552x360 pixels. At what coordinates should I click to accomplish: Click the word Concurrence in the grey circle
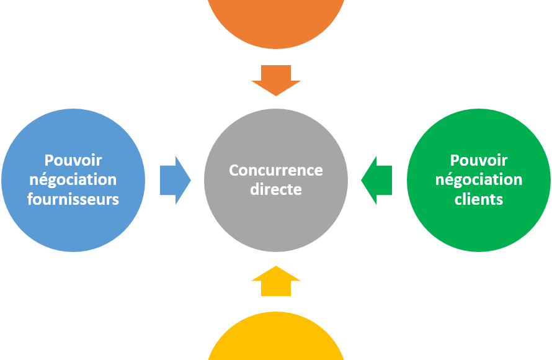pyautogui.click(x=276, y=170)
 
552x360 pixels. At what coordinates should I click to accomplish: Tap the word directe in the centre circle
pyautogui.click(x=276, y=189)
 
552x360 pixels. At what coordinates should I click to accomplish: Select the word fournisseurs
pyautogui.click(x=74, y=199)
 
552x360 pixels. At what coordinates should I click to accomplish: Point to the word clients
pyautogui.click(x=478, y=199)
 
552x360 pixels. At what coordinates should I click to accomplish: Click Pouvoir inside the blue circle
pyautogui.click(x=74, y=161)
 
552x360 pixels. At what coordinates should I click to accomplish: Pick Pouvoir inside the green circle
pyautogui.click(x=478, y=161)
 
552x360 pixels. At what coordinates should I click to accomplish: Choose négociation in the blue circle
pyautogui.click(x=74, y=180)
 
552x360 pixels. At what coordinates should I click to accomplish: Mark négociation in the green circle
pyautogui.click(x=478, y=180)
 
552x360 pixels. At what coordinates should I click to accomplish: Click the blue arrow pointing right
pyautogui.click(x=174, y=180)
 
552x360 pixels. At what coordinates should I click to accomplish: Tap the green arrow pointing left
pyautogui.click(x=377, y=180)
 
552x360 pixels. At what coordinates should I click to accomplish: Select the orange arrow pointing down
pyautogui.click(x=276, y=79)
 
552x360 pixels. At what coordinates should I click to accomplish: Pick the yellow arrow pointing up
pyautogui.click(x=276, y=281)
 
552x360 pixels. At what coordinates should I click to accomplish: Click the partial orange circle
pyautogui.click(x=276, y=22)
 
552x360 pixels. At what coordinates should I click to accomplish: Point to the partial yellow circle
pyautogui.click(x=276, y=338)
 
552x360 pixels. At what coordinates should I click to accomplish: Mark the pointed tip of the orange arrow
pyautogui.click(x=276, y=95)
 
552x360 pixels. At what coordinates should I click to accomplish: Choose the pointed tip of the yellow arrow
pyautogui.click(x=276, y=267)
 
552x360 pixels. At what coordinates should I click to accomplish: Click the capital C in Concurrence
pyautogui.click(x=234, y=170)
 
